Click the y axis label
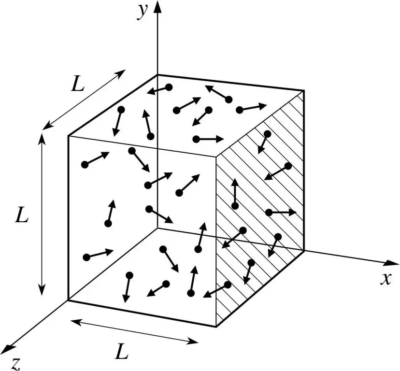pos(143,12)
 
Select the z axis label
pos(16,364)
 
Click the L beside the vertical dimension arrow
pos(21,215)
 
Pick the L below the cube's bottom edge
pos(121,351)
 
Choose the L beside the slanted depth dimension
pos(78,84)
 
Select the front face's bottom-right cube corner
pos(216,327)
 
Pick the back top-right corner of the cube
pos(304,91)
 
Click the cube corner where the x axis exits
pos(304,251)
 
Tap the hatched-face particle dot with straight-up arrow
pos(235,206)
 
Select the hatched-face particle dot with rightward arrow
pos(269,212)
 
